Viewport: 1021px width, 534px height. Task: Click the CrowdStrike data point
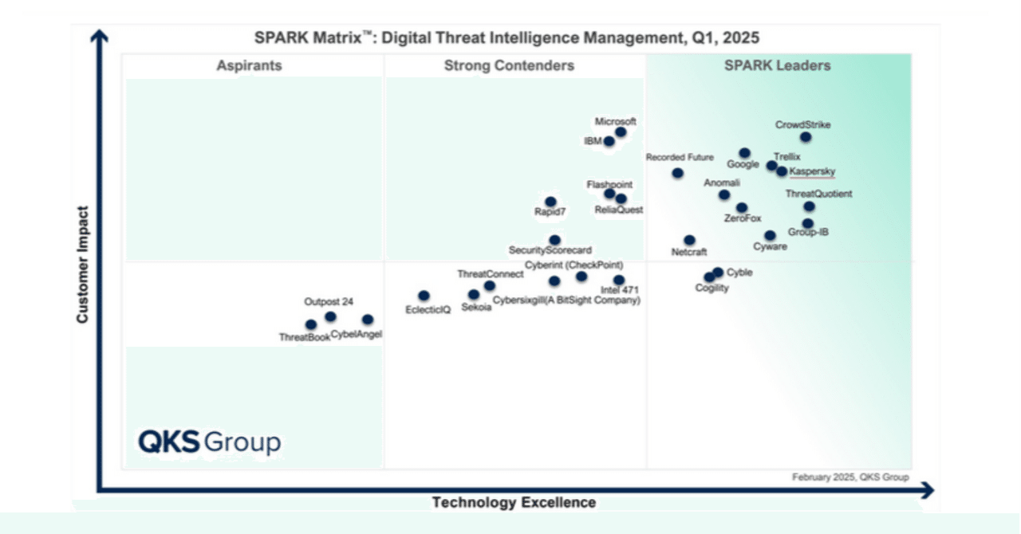click(806, 137)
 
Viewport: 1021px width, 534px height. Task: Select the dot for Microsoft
click(621, 132)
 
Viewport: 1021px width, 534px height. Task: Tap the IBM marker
click(609, 142)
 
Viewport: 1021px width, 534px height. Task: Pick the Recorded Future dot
click(677, 173)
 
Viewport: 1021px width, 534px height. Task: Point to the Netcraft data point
click(689, 240)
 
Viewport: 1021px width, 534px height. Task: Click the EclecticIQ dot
click(424, 296)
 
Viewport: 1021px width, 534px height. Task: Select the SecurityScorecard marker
click(554, 240)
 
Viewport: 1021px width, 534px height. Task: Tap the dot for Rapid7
click(550, 202)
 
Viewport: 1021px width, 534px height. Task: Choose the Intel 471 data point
click(619, 281)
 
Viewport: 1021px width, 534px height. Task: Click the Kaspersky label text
click(812, 171)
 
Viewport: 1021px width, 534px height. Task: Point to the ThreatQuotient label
click(818, 194)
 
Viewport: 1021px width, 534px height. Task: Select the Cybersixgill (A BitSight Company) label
click(566, 300)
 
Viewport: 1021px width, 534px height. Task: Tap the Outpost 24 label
click(329, 302)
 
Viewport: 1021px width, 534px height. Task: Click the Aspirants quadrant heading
click(249, 66)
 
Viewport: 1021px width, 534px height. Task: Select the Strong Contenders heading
click(509, 66)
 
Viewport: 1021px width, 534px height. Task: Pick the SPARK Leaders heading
click(777, 66)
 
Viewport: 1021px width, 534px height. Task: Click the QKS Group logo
click(209, 442)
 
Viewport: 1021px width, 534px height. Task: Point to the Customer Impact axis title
click(82, 265)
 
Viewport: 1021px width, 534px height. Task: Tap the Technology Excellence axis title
click(514, 502)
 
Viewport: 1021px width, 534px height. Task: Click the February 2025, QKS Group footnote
click(850, 477)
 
